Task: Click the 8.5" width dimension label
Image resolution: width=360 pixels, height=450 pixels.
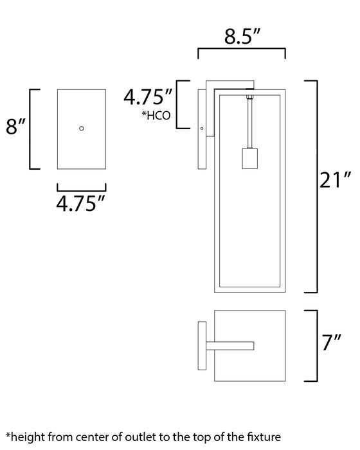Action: coord(242,37)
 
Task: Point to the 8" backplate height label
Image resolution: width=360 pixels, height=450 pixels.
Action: coord(14,127)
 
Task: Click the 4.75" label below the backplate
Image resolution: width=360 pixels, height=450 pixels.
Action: coord(81,204)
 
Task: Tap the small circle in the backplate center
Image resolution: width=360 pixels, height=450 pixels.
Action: coord(81,129)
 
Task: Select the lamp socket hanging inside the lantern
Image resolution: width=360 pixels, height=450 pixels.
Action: coord(248,158)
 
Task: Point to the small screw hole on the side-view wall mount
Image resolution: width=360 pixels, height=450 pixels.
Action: coord(202,129)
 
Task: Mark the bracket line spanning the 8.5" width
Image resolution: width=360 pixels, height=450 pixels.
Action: coord(242,51)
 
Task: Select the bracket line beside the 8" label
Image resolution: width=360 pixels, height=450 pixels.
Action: coord(32,129)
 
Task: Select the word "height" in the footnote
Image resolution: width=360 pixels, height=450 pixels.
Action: coord(24,437)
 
